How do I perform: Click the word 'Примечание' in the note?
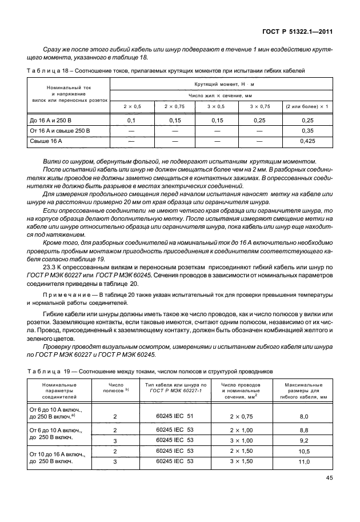(59, 294)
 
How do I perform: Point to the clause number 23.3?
(49, 267)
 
